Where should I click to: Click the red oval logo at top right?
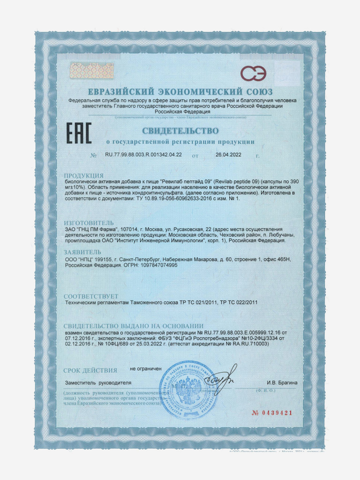pyautogui.click(x=254, y=74)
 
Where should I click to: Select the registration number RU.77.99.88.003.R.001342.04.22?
pyautogui.click(x=143, y=155)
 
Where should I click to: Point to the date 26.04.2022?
pyautogui.click(x=228, y=155)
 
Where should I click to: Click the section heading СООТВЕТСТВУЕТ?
pyautogui.click(x=91, y=297)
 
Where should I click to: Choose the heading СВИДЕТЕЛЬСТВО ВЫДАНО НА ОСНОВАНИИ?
pyautogui.click(x=134, y=326)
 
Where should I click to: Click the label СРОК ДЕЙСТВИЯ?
pyautogui.click(x=90, y=371)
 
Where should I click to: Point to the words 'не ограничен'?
pyautogui.click(x=146, y=369)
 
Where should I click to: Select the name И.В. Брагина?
pyautogui.click(x=282, y=383)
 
